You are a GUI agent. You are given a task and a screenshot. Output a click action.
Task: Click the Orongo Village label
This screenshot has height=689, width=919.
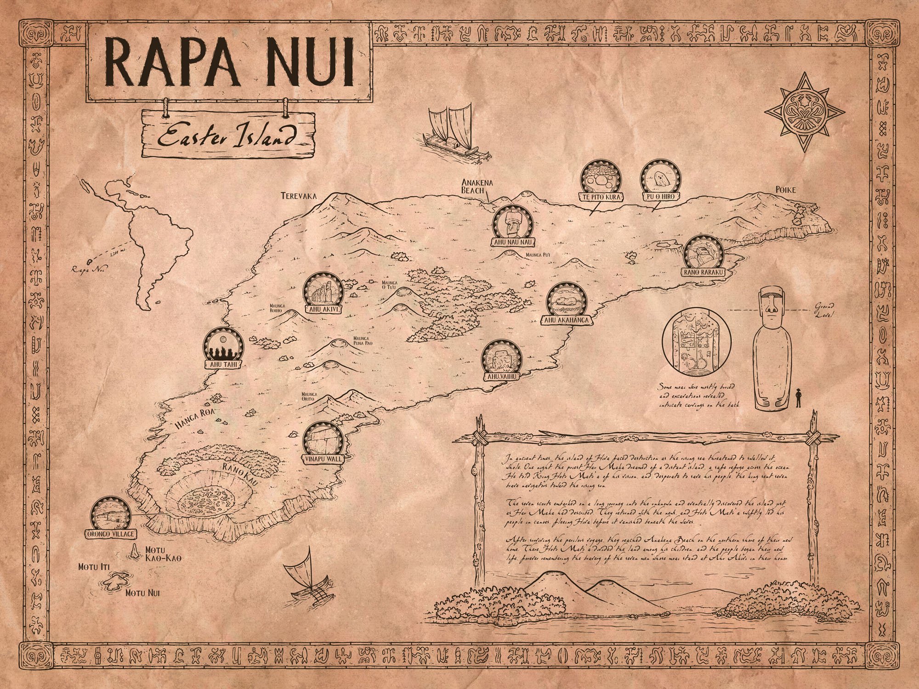(110, 534)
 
